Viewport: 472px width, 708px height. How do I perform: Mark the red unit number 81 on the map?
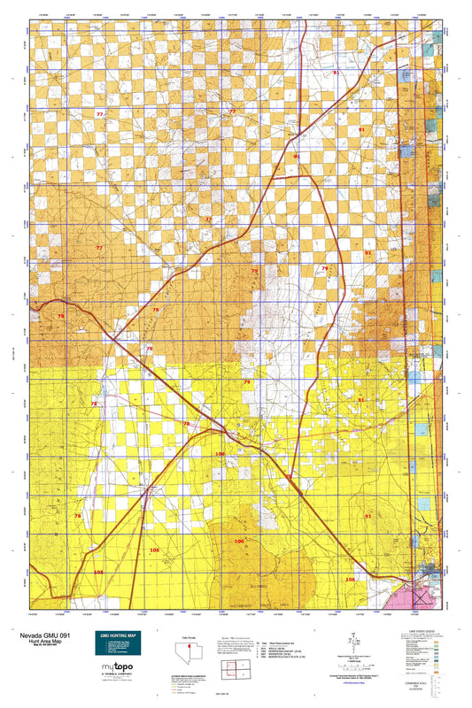335,73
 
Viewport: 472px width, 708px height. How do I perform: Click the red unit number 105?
97,573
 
